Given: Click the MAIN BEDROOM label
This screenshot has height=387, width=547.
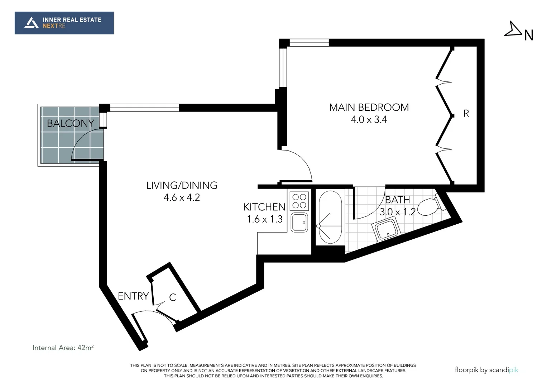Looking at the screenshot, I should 369,107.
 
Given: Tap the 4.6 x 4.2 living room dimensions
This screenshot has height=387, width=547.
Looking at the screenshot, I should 182,197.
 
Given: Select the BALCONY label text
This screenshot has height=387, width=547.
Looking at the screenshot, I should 70,123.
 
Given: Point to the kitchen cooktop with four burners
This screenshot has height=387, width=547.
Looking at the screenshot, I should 299,201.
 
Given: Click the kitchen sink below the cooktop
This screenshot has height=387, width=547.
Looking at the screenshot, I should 299,222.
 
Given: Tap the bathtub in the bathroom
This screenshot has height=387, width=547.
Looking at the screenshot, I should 330,218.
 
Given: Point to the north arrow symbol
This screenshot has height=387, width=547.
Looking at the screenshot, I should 514,30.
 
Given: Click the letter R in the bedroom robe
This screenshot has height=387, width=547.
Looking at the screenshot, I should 466,114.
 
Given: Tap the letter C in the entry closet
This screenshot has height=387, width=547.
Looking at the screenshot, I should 172,297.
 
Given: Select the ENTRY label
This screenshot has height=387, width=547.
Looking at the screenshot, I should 133,296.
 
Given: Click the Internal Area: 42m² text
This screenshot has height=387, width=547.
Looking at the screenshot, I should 63,348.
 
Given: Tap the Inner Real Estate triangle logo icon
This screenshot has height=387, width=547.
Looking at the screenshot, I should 31,23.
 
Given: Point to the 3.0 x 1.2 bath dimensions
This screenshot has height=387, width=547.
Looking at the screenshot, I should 397,212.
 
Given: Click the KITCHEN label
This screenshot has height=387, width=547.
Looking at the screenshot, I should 264,207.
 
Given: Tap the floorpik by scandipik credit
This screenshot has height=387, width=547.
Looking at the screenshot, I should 486,370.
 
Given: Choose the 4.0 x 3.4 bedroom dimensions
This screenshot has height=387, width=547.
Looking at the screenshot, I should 369,119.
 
